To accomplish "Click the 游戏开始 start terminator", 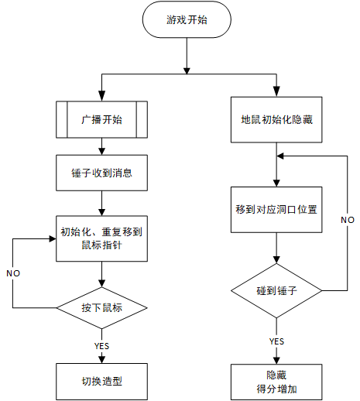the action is [x=187, y=19].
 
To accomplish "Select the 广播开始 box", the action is [x=102, y=119].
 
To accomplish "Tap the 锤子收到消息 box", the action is [x=102, y=173].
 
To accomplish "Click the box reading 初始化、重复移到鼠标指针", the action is [x=102, y=238].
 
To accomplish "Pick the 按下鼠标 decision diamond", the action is [x=102, y=308].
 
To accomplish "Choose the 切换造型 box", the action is [x=102, y=382].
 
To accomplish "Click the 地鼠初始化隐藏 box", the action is [x=276, y=120].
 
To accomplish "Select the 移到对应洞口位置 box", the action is [x=276, y=210].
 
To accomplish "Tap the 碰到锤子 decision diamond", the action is [x=276, y=290].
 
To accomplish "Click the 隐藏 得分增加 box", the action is [x=276, y=382].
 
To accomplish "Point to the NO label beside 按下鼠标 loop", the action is [x=13, y=273].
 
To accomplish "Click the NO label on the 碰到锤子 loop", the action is [x=348, y=220].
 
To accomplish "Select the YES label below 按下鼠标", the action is [x=102, y=346].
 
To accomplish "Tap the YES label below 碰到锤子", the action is [x=276, y=341].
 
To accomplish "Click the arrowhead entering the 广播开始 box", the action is [x=102, y=96].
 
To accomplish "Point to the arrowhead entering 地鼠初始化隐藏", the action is [x=276, y=91].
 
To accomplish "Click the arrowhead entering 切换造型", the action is [x=102, y=359].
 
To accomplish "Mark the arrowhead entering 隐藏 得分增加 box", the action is [x=276, y=360].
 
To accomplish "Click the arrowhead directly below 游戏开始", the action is [x=187, y=71].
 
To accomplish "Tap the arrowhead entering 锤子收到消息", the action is [x=102, y=151].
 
